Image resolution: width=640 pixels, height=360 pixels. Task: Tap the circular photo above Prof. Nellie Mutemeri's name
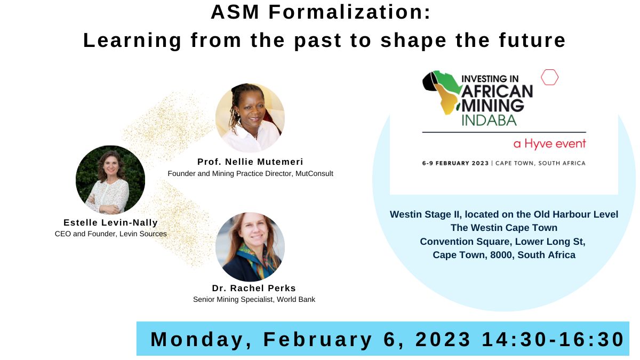250,118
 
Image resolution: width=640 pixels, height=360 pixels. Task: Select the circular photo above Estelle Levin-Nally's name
110,180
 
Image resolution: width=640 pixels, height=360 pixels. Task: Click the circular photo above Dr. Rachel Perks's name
250,247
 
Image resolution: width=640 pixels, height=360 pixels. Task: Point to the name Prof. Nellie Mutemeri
250,162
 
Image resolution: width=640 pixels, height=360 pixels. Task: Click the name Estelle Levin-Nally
110,222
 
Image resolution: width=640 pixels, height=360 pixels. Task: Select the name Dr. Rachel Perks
254,289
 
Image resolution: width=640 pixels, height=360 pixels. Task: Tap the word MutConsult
314,173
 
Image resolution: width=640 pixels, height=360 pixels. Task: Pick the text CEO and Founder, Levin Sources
110,234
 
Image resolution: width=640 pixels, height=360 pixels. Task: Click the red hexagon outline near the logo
549,77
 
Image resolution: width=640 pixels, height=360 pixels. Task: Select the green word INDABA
489,120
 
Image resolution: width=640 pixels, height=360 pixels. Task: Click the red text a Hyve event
549,144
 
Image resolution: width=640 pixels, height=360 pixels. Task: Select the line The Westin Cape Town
504,228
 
